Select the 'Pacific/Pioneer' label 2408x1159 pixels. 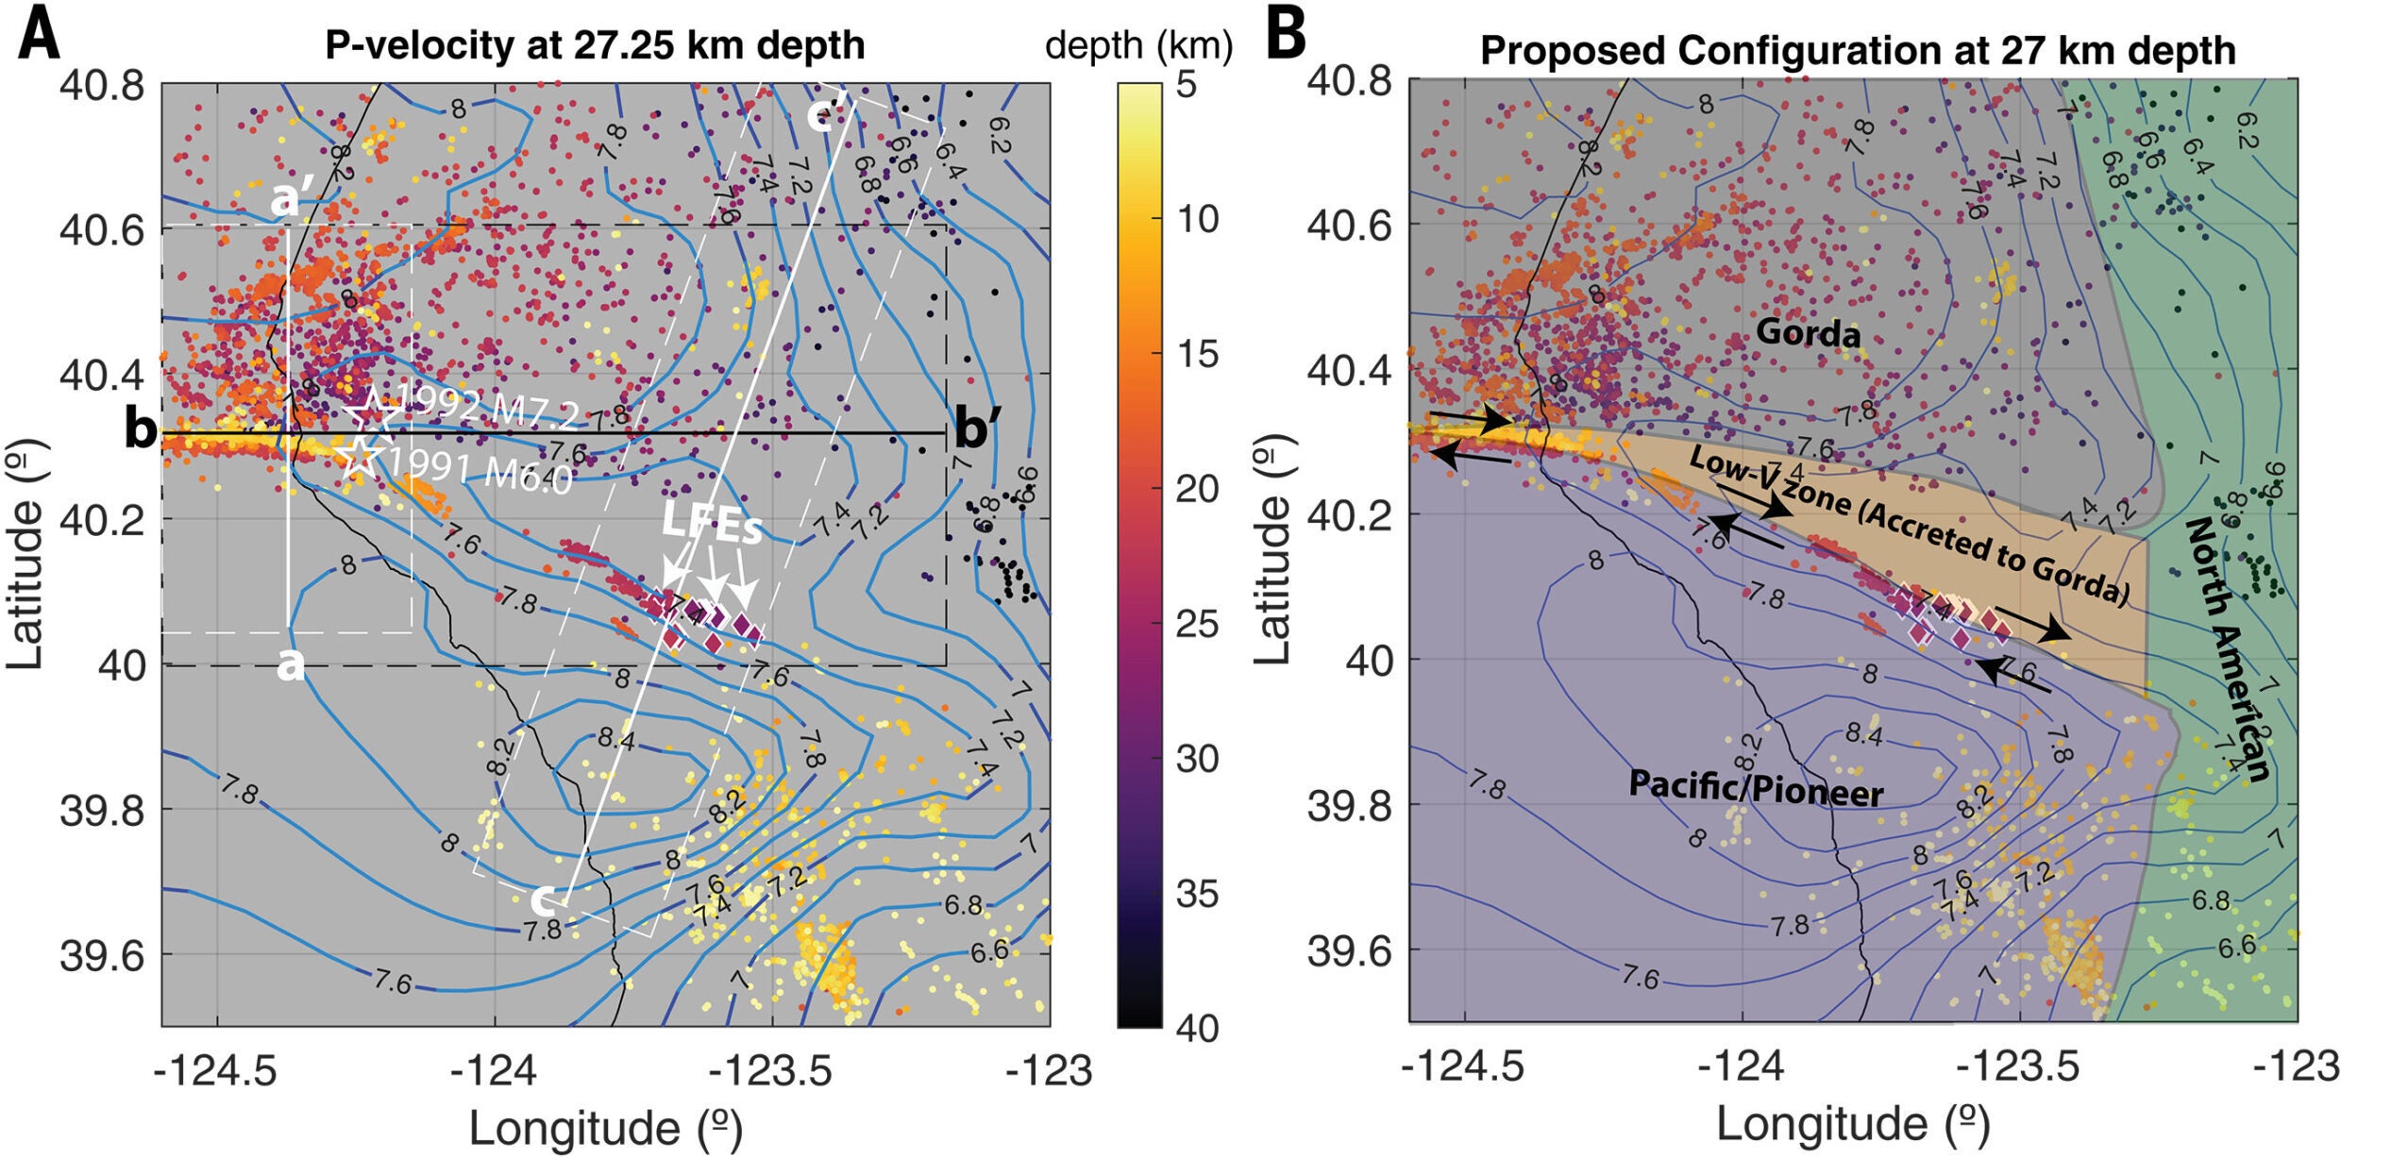[1756, 788]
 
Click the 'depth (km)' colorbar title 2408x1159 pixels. [1138, 45]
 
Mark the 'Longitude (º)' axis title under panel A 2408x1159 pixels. [605, 1128]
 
